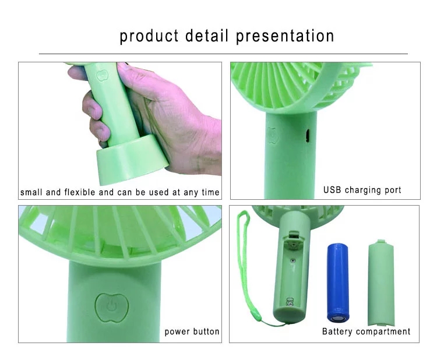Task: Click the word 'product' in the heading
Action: coord(149,36)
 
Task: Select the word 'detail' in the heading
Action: coord(207,36)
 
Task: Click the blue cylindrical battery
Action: coord(339,282)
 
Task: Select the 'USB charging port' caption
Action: coord(362,190)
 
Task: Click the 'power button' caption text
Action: coord(192,331)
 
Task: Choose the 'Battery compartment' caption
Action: coord(366,331)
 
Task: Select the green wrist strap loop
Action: coord(244,262)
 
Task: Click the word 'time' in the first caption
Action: coord(210,192)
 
